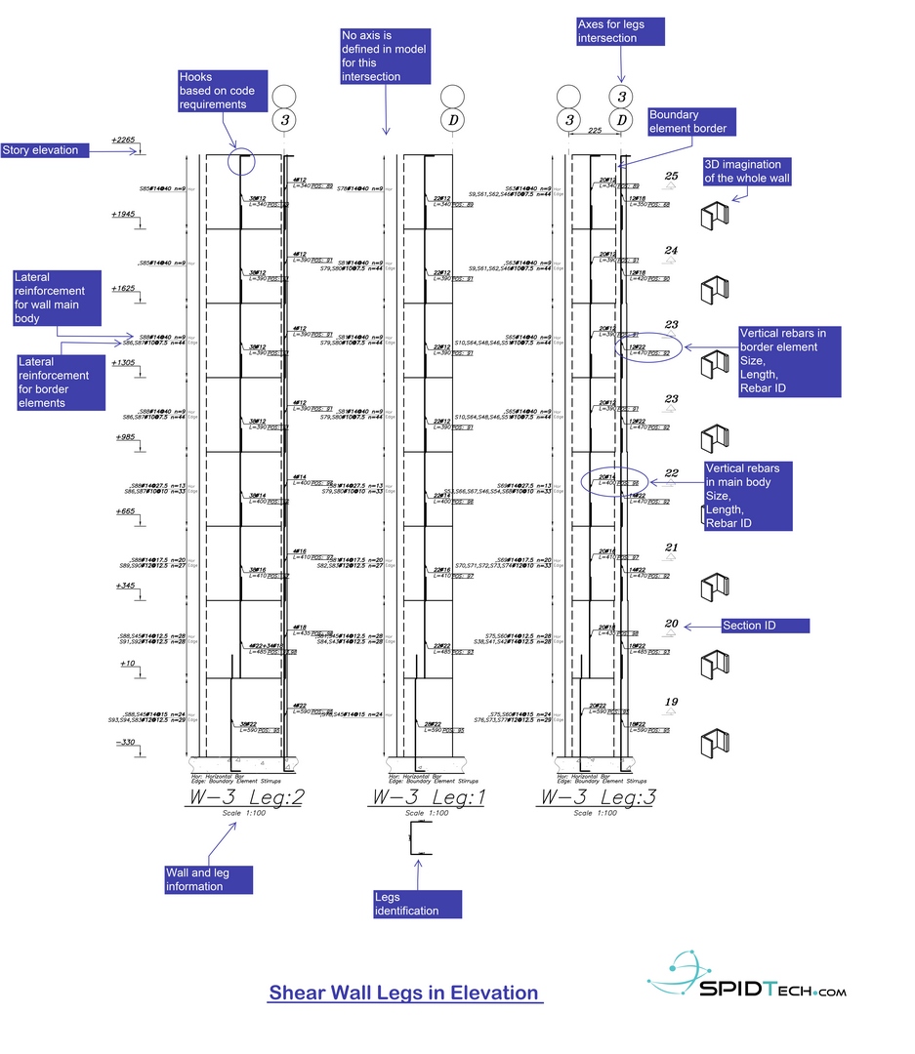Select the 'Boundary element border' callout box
[686, 122]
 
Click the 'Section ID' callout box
[749, 626]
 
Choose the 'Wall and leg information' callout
[210, 879]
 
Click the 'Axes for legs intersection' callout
[620, 31]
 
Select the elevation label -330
[125, 743]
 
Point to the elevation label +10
[127, 664]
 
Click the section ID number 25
[671, 177]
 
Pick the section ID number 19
[671, 703]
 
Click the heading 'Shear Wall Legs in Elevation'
[403, 993]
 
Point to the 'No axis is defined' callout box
[384, 57]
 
